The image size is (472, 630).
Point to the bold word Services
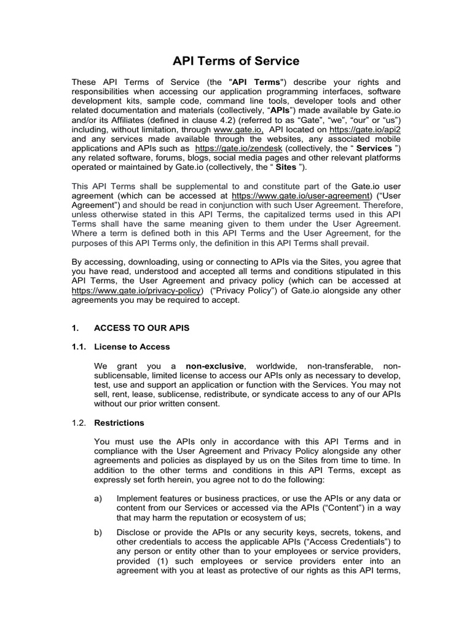pos(374,148)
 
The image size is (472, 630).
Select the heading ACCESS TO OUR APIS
pos(141,329)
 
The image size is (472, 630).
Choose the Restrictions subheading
pos(119,423)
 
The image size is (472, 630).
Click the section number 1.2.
pos(79,423)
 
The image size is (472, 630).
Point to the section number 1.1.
pos(79,347)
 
